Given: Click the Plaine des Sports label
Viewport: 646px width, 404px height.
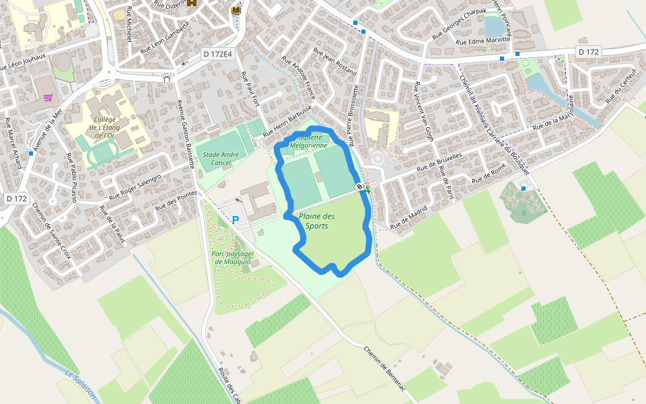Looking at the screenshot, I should tap(316, 221).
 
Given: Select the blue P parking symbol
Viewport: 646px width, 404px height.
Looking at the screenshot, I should tap(236, 220).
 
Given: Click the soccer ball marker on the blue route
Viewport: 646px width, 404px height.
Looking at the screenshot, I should tap(361, 187).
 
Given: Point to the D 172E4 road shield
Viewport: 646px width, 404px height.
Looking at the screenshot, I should tap(217, 54).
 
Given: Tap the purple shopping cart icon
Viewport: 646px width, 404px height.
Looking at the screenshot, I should tap(48, 97).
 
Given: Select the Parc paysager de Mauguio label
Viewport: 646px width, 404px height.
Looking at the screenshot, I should tap(233, 258).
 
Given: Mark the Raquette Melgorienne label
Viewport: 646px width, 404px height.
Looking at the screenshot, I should tap(308, 141).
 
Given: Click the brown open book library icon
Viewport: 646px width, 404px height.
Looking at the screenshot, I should tap(236, 11).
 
